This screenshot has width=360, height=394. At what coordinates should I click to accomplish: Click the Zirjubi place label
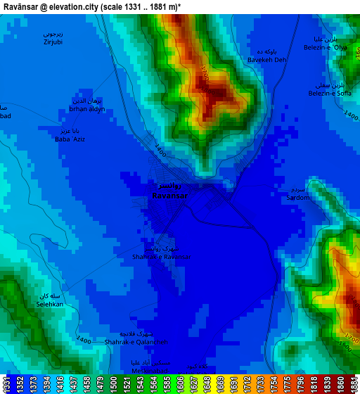coord(53,42)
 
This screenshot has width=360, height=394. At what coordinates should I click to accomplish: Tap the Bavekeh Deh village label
coord(267,60)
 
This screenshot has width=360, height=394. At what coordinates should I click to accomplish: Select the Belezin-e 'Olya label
coord(326,48)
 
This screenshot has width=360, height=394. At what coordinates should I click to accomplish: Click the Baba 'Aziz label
coord(70,139)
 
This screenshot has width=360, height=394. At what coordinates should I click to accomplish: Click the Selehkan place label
coord(50,305)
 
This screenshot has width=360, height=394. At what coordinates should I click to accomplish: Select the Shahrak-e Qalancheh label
coord(136,342)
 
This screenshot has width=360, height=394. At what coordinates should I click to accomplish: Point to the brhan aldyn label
coord(88,109)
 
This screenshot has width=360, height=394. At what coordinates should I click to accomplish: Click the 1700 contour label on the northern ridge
coord(204,74)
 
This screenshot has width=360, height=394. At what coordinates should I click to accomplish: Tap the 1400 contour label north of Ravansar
coord(160,150)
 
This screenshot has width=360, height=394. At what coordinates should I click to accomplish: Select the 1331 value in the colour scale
coord(7,384)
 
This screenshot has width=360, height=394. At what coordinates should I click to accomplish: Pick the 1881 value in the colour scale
coord(353,384)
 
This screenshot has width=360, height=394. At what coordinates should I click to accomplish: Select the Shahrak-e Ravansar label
coord(161,257)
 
